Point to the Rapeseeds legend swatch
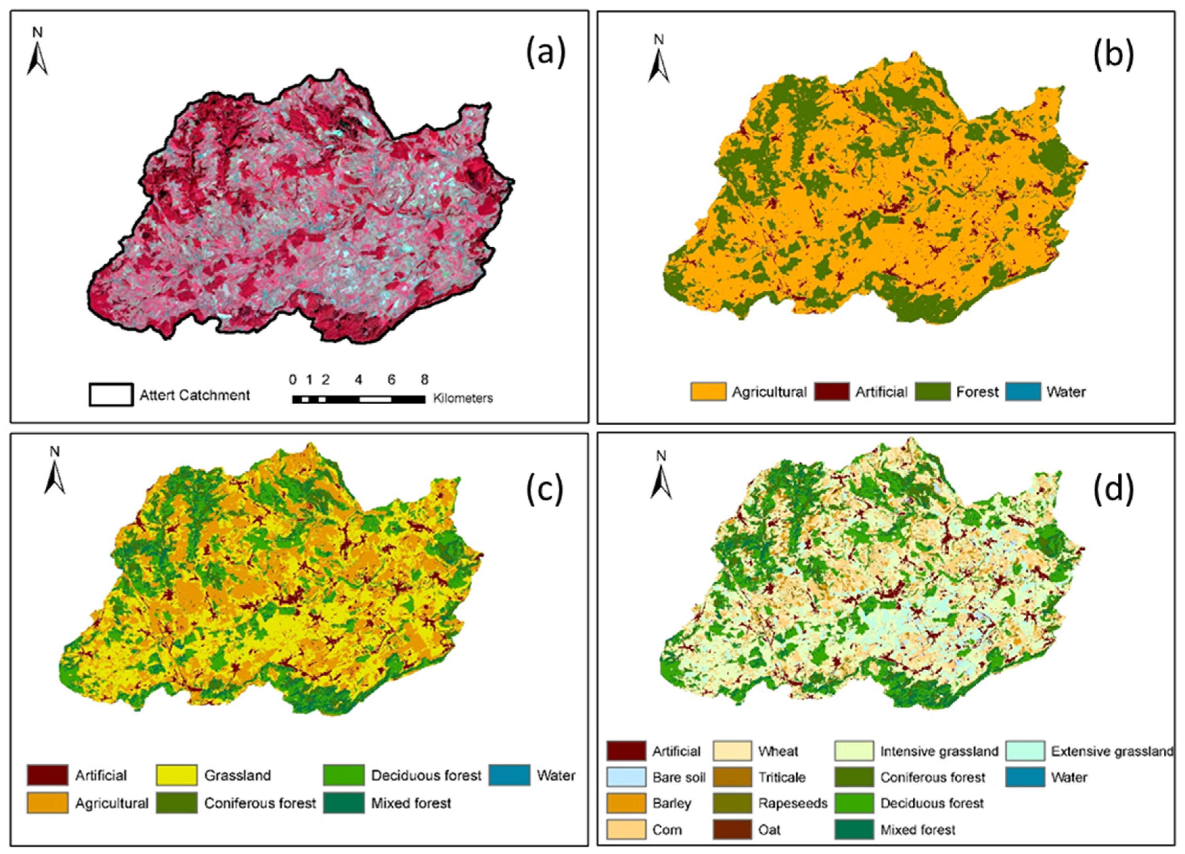pyautogui.click(x=732, y=803)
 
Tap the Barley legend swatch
pyautogui.click(x=626, y=803)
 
